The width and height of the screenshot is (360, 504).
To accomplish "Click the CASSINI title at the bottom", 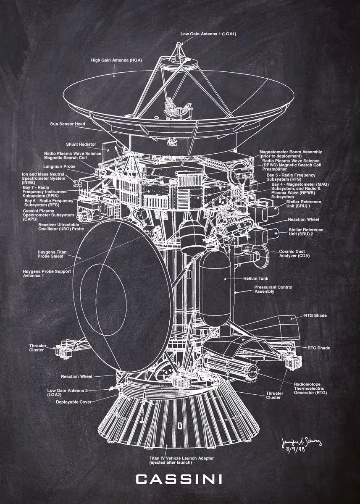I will point(179,479).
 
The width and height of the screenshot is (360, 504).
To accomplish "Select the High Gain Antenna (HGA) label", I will point(116,60).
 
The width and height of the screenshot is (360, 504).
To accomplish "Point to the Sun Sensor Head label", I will point(68,124).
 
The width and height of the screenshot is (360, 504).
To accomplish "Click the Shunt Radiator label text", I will point(81,144).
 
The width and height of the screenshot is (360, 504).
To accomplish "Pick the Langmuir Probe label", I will point(60,167).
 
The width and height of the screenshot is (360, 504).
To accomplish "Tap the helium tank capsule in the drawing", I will point(215,290).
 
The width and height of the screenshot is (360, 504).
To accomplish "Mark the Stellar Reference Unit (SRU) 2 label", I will point(306,232).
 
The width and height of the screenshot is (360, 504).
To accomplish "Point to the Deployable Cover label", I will point(74,402).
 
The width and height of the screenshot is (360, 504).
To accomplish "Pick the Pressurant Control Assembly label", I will point(273,289).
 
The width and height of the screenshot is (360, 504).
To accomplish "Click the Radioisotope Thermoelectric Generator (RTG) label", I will point(310,388).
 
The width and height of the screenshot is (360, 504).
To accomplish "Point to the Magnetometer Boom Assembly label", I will point(291,154).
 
